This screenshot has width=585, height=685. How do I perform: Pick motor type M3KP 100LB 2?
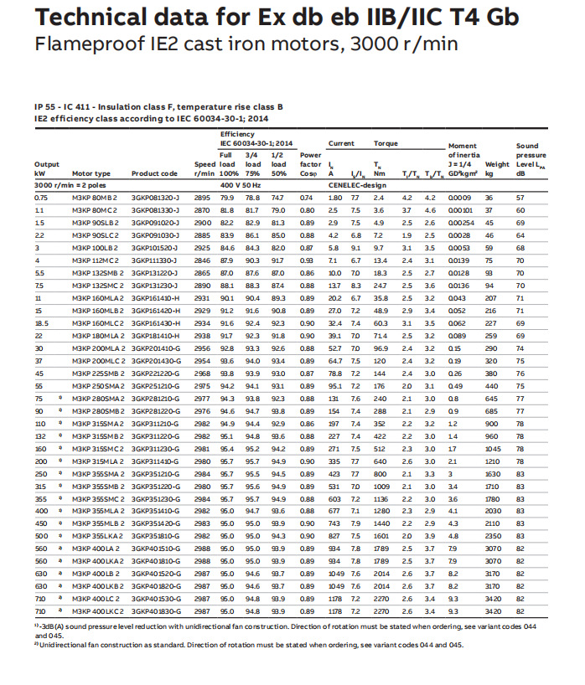pos(96,248)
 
